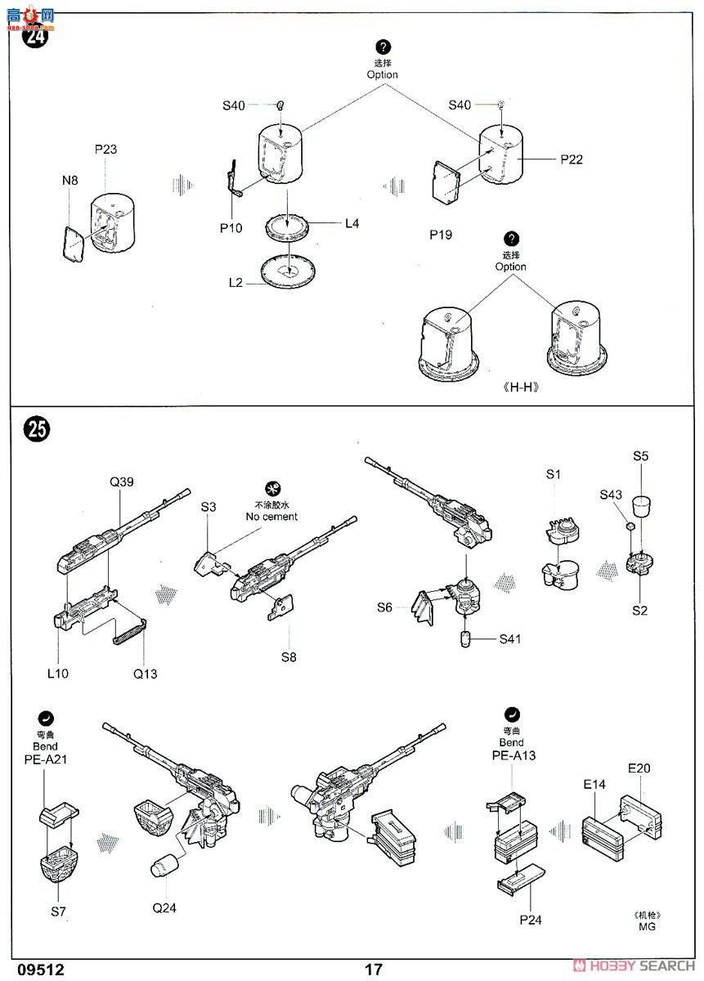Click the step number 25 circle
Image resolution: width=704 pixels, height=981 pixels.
coord(37,429)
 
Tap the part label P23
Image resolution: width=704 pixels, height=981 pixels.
coord(105,149)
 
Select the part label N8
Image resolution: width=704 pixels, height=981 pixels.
coord(70,181)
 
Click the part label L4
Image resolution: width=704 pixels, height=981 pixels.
coord(352,222)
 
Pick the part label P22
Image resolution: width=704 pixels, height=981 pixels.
coord(572,159)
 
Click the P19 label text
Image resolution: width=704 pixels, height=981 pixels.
coord(441,235)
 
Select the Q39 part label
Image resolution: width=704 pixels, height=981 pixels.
coord(121,482)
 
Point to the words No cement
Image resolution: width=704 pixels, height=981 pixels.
coord(272,517)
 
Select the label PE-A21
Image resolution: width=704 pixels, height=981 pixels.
coord(45,759)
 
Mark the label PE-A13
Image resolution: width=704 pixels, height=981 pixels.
coord(513,755)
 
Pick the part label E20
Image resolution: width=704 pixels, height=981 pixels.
coord(639,768)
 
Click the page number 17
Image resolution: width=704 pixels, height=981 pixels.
coord(374,970)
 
